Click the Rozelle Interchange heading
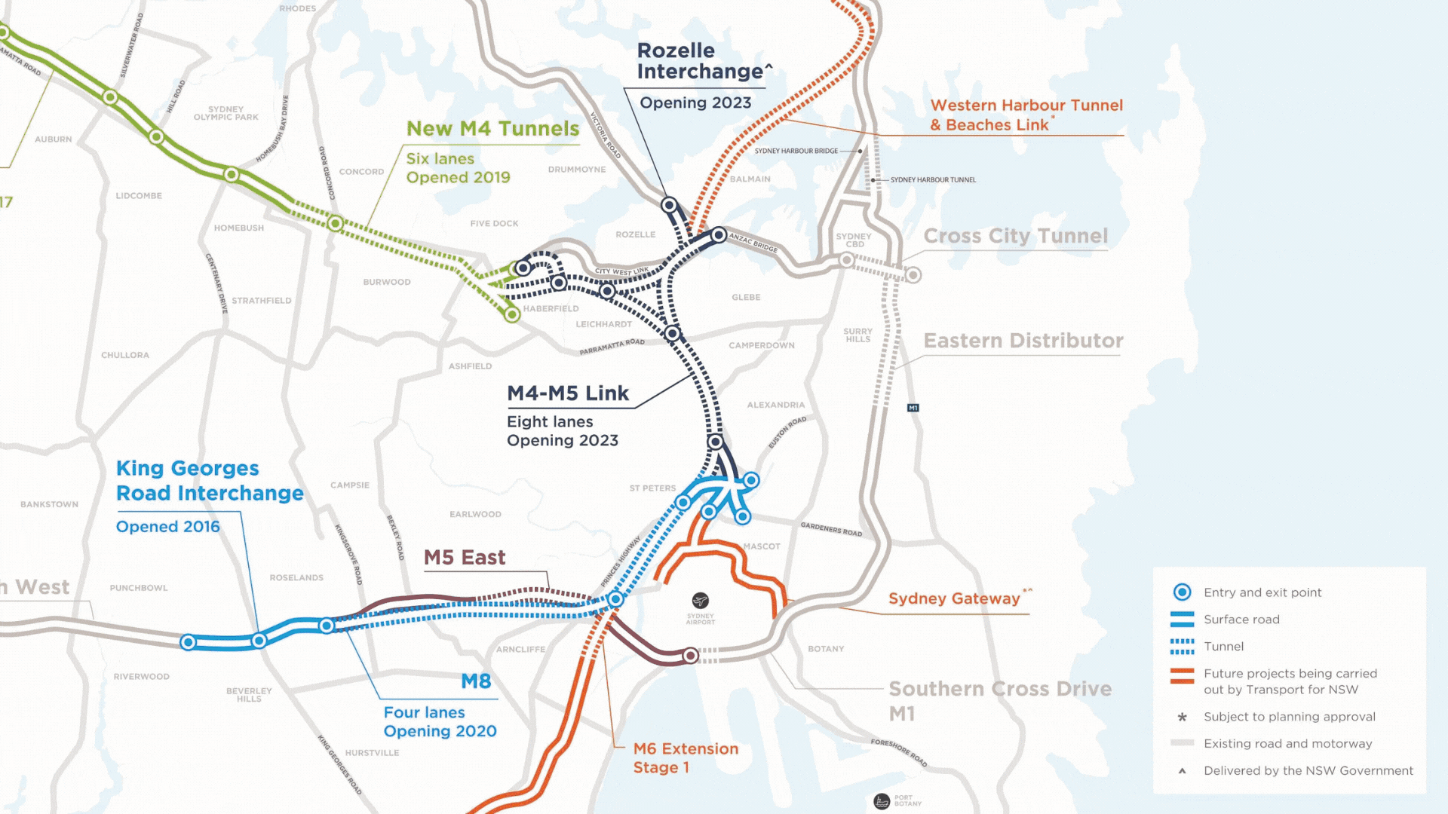(701, 61)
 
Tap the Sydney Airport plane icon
(701, 601)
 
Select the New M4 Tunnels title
(492, 129)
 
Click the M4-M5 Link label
(567, 393)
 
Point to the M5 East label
(465, 558)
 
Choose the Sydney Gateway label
(954, 598)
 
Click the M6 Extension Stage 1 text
(685, 757)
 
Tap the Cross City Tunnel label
(1015, 236)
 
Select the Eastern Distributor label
(1023, 341)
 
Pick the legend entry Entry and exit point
(1262, 592)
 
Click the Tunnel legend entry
(1223, 647)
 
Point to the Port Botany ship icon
(882, 801)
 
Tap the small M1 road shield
(913, 408)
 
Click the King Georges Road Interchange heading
(209, 481)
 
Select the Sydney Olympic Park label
(225, 113)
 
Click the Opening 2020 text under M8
(440, 731)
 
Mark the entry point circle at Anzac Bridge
(719, 235)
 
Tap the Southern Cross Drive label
(999, 689)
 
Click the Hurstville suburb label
(372, 753)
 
